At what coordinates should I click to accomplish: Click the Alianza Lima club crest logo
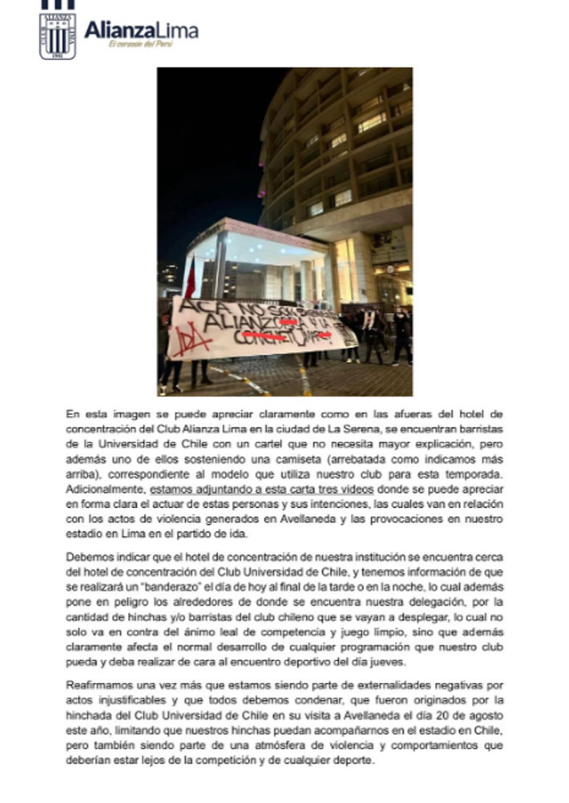(58, 36)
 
